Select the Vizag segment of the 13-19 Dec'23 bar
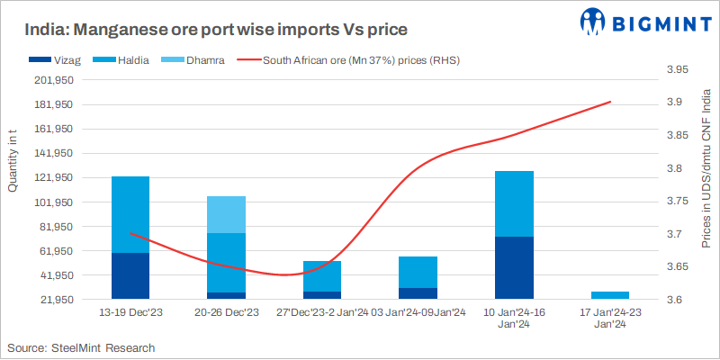point(130,275)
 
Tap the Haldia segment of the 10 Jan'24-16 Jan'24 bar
point(515,203)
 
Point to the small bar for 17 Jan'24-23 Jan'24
point(610,294)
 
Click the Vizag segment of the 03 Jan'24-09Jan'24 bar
point(418,292)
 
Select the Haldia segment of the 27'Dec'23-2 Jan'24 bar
point(322,276)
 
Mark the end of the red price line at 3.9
point(611,102)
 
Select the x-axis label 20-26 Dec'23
point(226,312)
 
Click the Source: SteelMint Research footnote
point(81,347)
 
